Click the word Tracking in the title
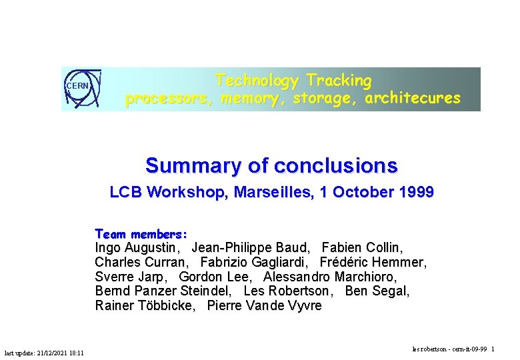tap(339, 81)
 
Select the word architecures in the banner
tap(413, 99)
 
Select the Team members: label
tap(141, 234)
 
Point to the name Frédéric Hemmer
tap(373, 262)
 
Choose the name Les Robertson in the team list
tap(287, 291)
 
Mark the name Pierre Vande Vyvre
tap(264, 306)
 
